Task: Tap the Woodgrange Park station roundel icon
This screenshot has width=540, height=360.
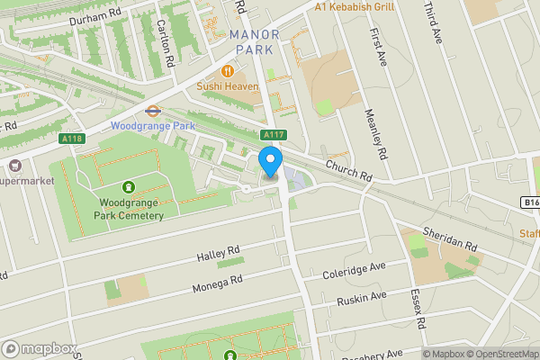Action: [x=153, y=112]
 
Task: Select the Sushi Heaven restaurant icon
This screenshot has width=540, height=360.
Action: [x=229, y=70]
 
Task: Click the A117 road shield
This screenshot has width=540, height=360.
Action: [x=274, y=135]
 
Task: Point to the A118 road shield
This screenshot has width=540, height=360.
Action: [x=72, y=139]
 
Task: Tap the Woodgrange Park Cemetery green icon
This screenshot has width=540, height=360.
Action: [x=130, y=187]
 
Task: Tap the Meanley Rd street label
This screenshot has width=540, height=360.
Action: [x=375, y=134]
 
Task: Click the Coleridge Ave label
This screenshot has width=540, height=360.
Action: [x=354, y=267]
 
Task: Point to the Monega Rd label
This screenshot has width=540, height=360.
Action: [x=217, y=283]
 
